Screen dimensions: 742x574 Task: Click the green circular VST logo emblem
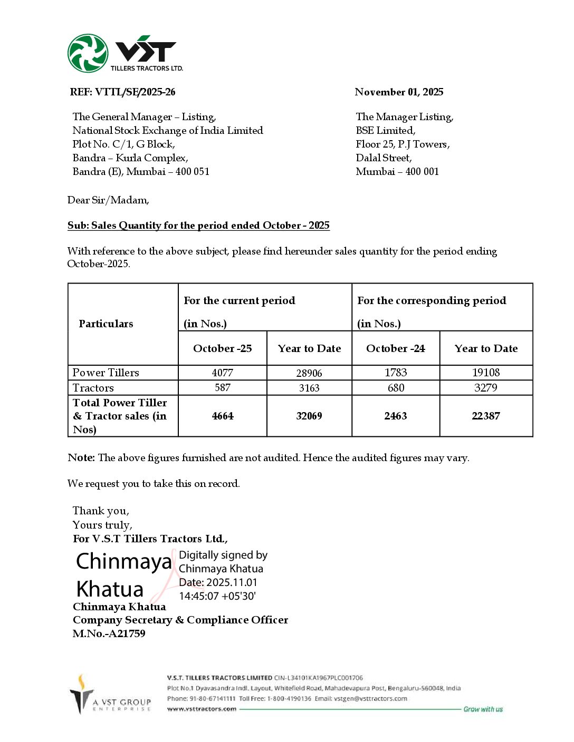[x=88, y=53]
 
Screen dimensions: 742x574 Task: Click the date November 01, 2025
[x=399, y=92]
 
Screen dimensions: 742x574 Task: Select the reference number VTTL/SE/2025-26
[x=135, y=92]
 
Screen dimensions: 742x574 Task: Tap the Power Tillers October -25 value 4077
[x=223, y=373]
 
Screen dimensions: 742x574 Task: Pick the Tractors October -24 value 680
[x=396, y=388]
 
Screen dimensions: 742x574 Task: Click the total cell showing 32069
[x=309, y=416]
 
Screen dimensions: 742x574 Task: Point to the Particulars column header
[x=106, y=324]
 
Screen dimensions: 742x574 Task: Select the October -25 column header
[x=223, y=348]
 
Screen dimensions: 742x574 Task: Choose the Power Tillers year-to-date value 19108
[x=486, y=373]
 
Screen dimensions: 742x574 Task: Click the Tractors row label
[x=93, y=388]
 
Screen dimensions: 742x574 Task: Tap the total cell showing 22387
[x=486, y=416]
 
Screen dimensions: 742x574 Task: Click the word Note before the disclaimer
[x=81, y=457]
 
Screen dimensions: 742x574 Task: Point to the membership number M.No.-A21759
[x=109, y=633]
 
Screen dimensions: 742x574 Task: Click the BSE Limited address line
[x=386, y=130]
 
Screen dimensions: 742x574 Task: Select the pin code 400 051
[x=193, y=171]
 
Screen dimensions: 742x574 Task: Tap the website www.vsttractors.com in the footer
[x=202, y=709]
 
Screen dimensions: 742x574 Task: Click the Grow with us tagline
[x=483, y=709]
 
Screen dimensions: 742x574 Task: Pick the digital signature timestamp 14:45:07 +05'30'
[x=217, y=596]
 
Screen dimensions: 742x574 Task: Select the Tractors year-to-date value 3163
[x=309, y=388]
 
